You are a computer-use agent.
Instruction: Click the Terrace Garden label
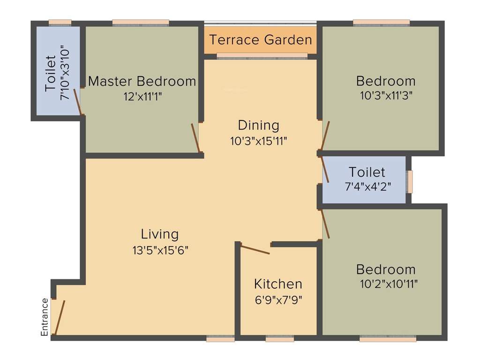[261, 40]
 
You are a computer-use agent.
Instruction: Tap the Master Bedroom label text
[142, 81]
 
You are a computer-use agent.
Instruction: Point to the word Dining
[258, 126]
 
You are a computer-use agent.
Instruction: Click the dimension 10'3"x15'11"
[258, 141]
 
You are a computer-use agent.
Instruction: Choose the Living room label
[160, 234]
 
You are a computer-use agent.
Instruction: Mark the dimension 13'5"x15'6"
[160, 250]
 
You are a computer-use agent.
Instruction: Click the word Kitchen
[278, 284]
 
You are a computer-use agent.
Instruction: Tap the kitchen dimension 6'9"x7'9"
[278, 300]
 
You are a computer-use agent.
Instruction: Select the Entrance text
[45, 317]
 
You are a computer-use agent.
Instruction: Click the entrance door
[60, 318]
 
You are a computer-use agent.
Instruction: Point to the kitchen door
[255, 249]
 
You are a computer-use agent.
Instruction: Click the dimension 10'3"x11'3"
[386, 96]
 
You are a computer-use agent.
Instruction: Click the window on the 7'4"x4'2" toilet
[410, 182]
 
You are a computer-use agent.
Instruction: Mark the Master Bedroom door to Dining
[196, 138]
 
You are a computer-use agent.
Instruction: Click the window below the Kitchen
[280, 338]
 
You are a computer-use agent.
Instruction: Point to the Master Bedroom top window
[141, 22]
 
